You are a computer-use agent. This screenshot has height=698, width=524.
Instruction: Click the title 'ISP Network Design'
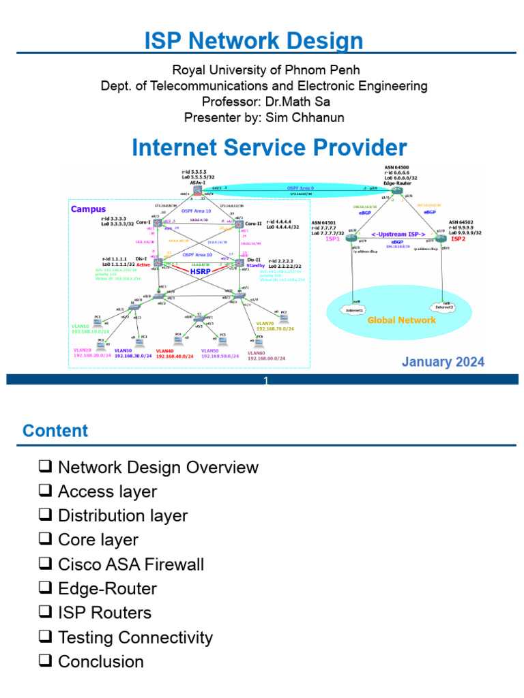(254, 41)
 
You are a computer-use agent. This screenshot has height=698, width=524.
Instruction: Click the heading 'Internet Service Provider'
(269, 147)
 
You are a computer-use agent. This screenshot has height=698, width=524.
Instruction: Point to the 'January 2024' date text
(443, 362)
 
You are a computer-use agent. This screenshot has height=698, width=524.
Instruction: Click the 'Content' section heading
(55, 431)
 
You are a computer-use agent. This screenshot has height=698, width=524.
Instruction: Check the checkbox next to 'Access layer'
(46, 491)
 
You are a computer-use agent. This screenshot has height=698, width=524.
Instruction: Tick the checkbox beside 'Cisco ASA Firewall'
(46, 564)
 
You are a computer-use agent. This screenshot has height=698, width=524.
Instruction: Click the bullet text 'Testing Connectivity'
(135, 637)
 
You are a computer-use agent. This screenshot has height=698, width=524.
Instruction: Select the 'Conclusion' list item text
(101, 662)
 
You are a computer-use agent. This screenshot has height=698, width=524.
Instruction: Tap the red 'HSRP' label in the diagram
(200, 271)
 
